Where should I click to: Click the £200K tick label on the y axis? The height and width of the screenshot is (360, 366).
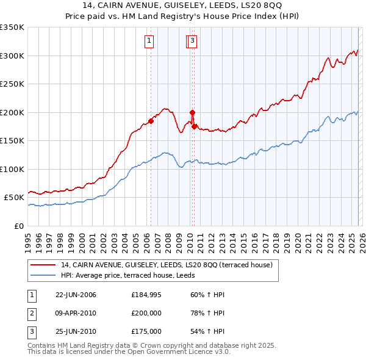pos(12,112)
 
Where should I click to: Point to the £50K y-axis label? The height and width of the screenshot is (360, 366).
pos(14,198)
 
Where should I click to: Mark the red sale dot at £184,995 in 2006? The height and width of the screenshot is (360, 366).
pos(151,121)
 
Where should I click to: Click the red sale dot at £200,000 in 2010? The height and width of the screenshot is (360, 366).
pos(192,112)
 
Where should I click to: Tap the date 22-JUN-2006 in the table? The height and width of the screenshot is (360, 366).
pos(76,295)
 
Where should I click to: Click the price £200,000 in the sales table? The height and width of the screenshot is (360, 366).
pos(146,313)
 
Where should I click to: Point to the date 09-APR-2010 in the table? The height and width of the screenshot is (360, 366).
pos(76,313)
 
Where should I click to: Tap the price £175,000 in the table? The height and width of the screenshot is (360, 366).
pos(146,331)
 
